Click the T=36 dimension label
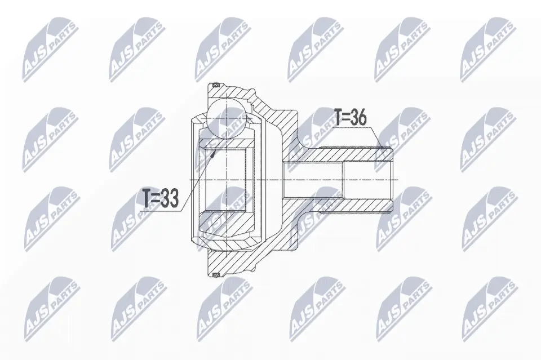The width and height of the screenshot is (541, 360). click(350, 118)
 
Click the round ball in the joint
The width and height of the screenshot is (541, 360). click(227, 118)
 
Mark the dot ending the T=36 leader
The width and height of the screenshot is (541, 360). click(382, 148)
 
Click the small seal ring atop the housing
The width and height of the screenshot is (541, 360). click(216, 85)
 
